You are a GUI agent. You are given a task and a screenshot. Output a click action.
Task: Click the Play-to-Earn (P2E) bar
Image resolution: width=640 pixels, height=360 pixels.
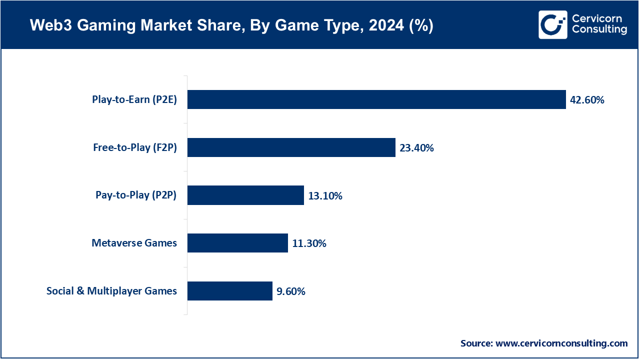(376, 99)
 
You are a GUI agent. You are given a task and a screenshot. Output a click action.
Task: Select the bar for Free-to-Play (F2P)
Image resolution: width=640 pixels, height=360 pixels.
(291, 147)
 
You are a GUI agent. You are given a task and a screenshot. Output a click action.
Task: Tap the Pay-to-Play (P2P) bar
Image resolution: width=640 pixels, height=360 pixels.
(245, 195)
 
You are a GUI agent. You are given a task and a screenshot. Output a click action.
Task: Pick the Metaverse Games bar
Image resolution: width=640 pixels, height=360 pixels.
(237, 243)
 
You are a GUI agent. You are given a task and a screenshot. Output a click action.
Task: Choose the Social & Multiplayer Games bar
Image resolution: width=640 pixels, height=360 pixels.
(230, 291)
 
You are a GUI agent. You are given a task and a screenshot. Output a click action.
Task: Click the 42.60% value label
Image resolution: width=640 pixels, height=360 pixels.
(587, 100)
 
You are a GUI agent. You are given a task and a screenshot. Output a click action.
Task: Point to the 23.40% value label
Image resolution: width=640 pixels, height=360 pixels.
(416, 148)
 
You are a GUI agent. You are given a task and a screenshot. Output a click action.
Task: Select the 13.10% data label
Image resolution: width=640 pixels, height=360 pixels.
(325, 196)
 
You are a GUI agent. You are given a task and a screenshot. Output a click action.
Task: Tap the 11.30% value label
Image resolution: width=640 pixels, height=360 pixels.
(309, 243)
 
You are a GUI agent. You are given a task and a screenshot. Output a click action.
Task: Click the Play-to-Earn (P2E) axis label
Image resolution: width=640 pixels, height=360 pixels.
(134, 99)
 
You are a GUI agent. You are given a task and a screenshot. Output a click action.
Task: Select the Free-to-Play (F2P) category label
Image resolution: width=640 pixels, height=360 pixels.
(135, 147)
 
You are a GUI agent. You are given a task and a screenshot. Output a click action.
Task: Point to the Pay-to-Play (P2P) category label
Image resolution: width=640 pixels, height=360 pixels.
(136, 195)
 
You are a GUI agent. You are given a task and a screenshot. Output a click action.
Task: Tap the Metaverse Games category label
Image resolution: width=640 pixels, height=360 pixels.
(134, 243)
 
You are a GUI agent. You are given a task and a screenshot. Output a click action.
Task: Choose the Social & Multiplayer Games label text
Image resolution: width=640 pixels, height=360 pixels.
(111, 291)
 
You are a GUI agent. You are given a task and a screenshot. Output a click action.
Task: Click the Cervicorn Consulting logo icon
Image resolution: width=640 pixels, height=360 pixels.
(552, 24)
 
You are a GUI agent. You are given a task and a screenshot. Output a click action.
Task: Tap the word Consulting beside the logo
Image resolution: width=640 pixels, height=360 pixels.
(599, 29)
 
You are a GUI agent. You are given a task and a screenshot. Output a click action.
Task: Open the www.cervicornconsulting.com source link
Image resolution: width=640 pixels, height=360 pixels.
(561, 343)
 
